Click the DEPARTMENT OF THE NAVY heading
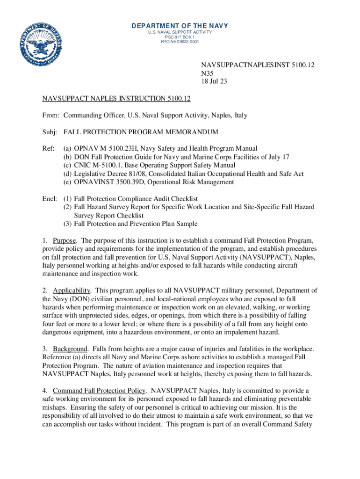pos(180,25)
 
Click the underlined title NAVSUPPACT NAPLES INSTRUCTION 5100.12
pos(116,99)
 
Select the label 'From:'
pos(50,115)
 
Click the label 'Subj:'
pos(50,132)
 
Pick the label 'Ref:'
pos(49,148)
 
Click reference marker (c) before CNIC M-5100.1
pos(67,165)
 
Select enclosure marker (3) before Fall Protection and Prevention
pos(67,224)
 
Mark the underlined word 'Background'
pos(70,349)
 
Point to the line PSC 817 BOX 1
pos(180,37)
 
